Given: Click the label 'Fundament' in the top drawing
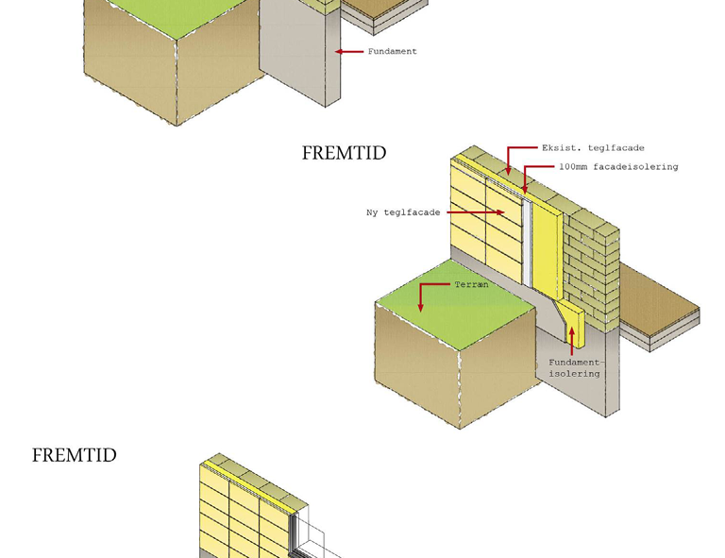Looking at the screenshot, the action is pyautogui.click(x=392, y=51).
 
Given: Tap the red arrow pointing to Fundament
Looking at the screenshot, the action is pyautogui.click(x=349, y=51).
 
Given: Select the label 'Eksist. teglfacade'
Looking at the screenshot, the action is pyautogui.click(x=593, y=148).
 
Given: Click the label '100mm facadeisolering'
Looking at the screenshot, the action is pyautogui.click(x=618, y=166).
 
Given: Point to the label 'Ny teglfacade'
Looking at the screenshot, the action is pyautogui.click(x=403, y=212).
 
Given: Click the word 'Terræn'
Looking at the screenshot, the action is pyautogui.click(x=471, y=284).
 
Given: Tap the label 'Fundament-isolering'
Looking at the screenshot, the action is pyautogui.click(x=575, y=368).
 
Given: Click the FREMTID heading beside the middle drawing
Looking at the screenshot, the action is pyautogui.click(x=344, y=153).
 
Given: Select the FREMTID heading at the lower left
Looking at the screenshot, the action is pyautogui.click(x=74, y=455).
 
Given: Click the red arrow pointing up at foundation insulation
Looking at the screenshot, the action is pyautogui.click(x=572, y=341).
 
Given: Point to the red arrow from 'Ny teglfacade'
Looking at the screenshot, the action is pyautogui.click(x=476, y=212).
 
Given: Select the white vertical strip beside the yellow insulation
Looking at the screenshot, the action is pyautogui.click(x=527, y=244).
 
